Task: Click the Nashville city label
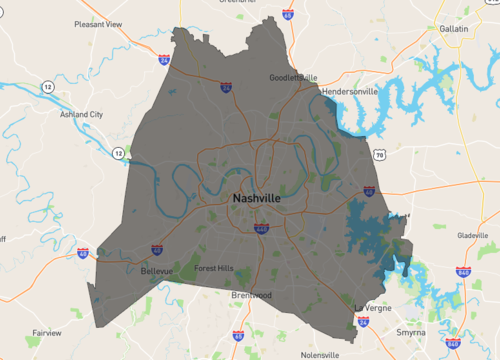(x=256, y=199)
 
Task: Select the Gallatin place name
(x=454, y=29)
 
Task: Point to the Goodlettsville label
(x=294, y=77)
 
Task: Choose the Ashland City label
(x=81, y=115)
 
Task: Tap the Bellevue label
(x=155, y=271)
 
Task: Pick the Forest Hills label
(x=213, y=268)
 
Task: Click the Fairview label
(x=46, y=332)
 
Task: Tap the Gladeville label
(x=471, y=236)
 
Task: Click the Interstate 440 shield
(x=260, y=228)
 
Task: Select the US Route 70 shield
(x=379, y=156)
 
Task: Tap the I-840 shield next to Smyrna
(x=452, y=344)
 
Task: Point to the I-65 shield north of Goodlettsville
(x=288, y=16)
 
